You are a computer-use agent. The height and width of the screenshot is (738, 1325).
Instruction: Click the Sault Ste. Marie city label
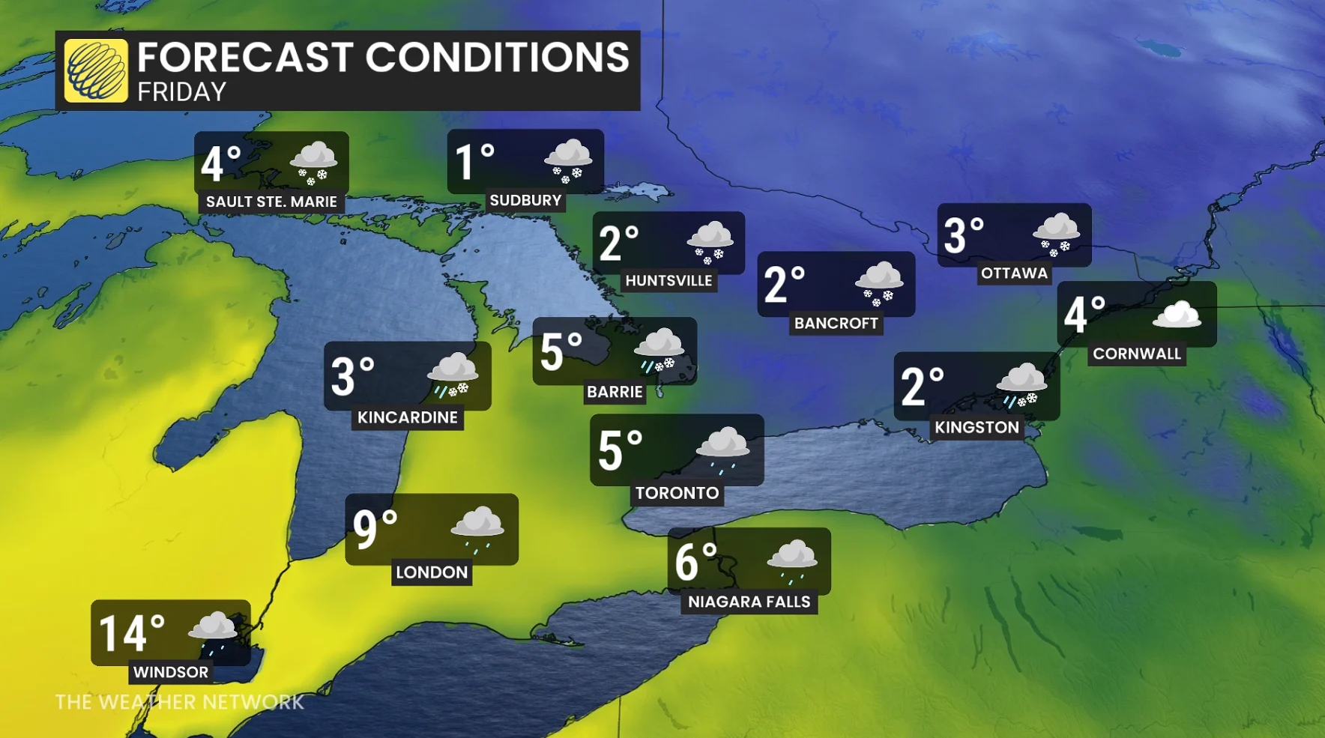point(271,202)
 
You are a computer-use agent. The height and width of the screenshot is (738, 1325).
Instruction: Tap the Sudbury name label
point(525,200)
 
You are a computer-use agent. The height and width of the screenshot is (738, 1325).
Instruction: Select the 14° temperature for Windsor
point(131,633)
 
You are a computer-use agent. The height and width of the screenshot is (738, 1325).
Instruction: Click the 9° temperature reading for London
point(375,529)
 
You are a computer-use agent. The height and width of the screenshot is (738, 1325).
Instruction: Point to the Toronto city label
point(677,493)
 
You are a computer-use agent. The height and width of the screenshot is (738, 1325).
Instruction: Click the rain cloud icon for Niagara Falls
point(791,560)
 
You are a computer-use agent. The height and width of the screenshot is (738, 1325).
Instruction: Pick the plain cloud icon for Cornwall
point(1177,315)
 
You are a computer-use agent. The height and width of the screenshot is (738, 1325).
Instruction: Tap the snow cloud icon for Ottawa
point(1057,233)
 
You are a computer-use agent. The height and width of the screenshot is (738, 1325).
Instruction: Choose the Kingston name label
point(977,427)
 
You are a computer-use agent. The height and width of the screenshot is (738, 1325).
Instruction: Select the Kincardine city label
point(407,417)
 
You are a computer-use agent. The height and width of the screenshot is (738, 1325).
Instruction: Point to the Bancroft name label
point(836,323)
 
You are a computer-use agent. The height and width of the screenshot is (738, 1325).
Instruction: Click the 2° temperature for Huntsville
point(618,243)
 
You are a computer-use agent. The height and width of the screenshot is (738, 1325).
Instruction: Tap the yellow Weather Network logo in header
point(96,70)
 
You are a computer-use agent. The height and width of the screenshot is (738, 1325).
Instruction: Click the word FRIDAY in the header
point(181,92)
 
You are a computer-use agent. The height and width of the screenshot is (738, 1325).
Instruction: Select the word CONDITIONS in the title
point(497,57)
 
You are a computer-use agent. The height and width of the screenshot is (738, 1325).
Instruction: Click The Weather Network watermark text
point(180,702)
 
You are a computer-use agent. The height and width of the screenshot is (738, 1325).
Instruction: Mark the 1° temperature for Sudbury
point(474,161)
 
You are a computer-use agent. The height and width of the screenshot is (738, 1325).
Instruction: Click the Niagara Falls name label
point(749,602)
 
